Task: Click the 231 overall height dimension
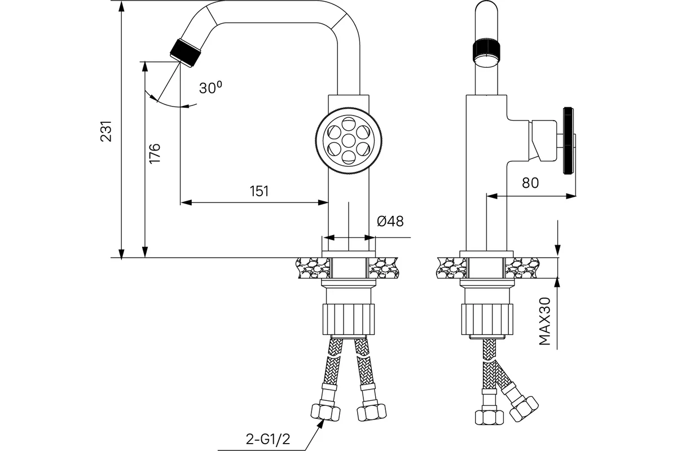(106, 131)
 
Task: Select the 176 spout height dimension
(155, 153)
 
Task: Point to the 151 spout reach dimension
(260, 191)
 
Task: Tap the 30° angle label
(210, 87)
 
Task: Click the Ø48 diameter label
(390, 221)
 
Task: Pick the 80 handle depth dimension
(530, 183)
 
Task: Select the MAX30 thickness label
(545, 321)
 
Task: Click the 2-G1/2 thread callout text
(268, 439)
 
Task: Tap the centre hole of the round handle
(349, 141)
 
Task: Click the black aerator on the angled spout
(185, 52)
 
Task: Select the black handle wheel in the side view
(568, 140)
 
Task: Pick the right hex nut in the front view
(371, 413)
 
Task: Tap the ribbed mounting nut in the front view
(349, 319)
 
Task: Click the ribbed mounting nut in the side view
(487, 319)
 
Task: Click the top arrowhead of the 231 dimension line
(121, 6)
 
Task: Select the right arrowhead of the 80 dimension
(570, 196)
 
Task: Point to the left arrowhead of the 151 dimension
(186, 202)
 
